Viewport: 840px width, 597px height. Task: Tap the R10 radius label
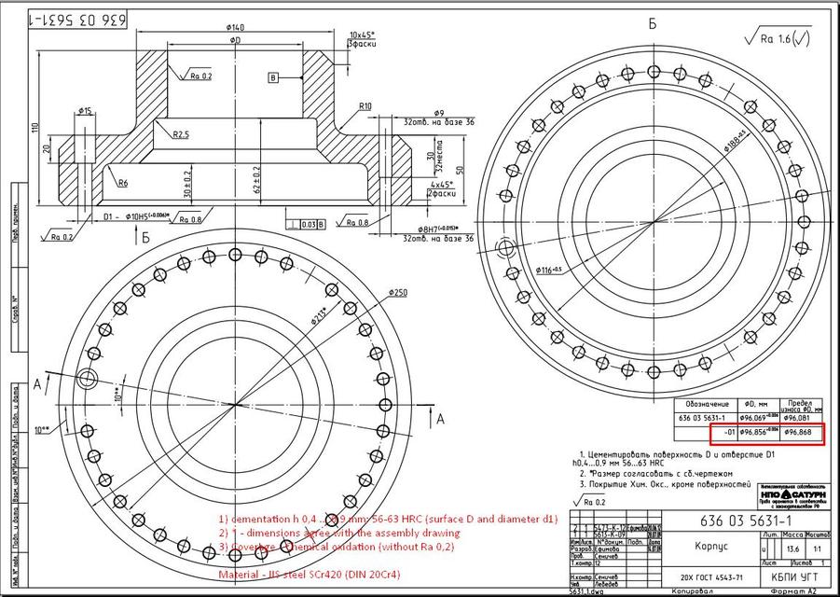point(365,106)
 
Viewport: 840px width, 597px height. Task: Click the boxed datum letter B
point(273,77)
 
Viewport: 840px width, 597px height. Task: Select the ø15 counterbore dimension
point(85,111)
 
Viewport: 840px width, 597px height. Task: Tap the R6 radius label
point(123,183)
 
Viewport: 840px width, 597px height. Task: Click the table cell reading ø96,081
point(801,418)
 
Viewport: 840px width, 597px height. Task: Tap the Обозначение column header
point(705,404)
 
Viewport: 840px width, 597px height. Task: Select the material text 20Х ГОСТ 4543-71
point(707,578)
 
